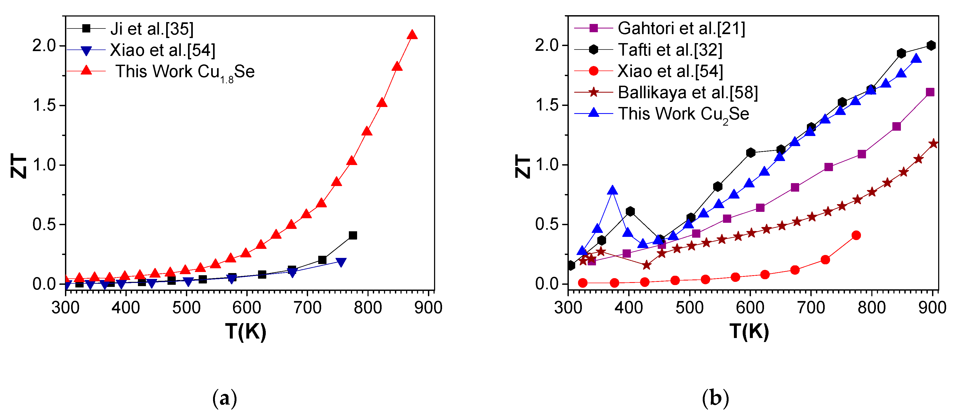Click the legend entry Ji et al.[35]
pos(152,29)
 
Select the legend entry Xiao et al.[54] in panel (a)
pos(162,50)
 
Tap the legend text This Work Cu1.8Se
pos(185,72)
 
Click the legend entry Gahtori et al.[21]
pos(681,28)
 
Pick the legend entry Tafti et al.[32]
pos(670,50)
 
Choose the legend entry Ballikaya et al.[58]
pos(687,92)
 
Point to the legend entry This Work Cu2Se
pos(683,114)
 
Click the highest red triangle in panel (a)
pos(412,35)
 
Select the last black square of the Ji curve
pos(353,236)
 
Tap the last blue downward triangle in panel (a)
pos(341,262)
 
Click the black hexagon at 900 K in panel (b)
pos(931,46)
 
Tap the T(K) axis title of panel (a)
pos(246,331)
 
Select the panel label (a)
pos(224,399)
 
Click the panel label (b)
pos(715,399)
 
